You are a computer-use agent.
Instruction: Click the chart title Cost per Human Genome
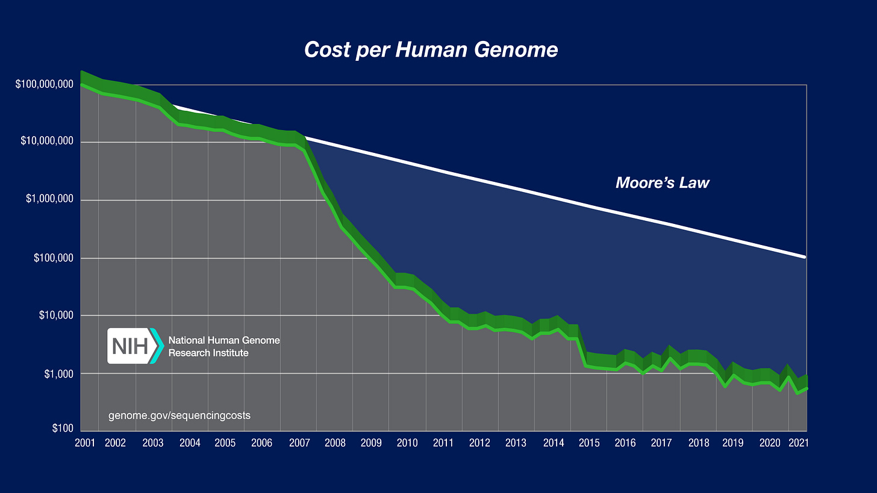coord(431,49)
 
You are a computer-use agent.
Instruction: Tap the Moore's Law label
coord(662,182)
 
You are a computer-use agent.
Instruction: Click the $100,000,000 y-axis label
coord(43,84)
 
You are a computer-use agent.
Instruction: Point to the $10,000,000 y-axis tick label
coord(46,142)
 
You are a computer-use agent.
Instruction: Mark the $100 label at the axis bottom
coord(63,429)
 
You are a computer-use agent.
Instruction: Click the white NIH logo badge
coord(132,346)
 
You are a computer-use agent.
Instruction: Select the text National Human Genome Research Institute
coord(224,346)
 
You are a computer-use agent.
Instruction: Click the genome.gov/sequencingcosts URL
coord(179,415)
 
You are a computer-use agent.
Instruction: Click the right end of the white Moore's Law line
coord(805,256)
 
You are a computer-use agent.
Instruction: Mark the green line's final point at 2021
coord(805,388)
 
